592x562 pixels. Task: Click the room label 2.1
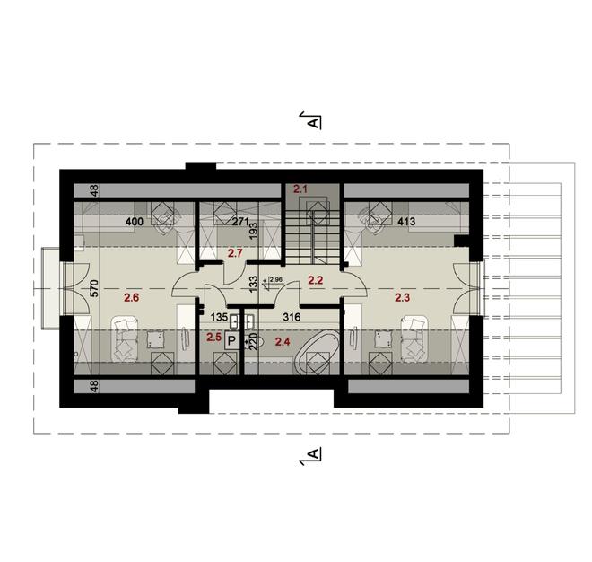click(x=300, y=189)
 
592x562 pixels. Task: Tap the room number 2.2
click(x=315, y=280)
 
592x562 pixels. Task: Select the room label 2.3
click(x=401, y=296)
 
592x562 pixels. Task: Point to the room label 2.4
click(x=283, y=341)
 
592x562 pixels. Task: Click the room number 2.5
click(x=214, y=337)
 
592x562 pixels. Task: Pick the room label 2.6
click(x=132, y=296)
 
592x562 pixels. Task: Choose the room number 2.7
click(x=236, y=254)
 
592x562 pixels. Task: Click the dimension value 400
click(x=135, y=221)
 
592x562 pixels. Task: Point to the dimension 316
click(x=291, y=316)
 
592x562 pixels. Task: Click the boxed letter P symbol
click(x=231, y=341)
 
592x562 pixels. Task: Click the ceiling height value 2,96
click(x=276, y=281)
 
